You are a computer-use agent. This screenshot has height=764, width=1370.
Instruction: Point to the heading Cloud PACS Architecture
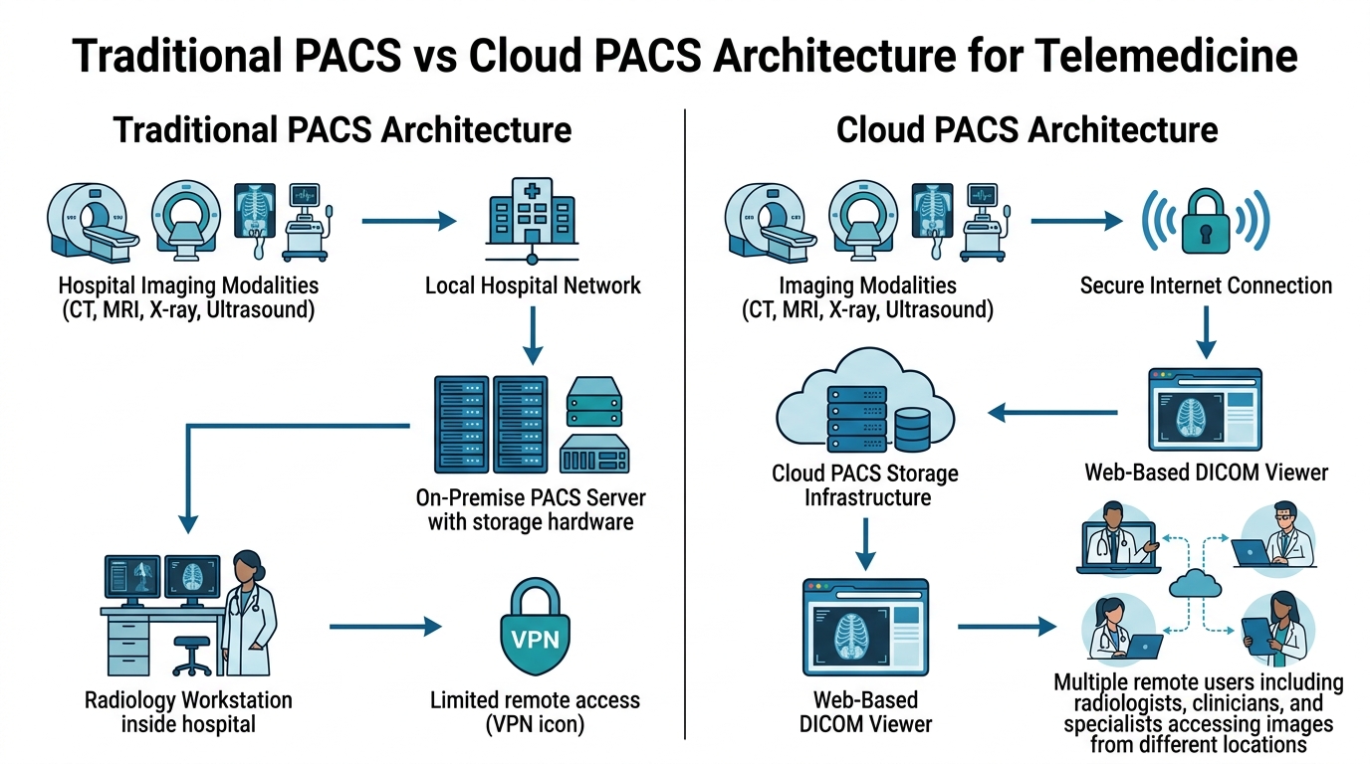(x=1027, y=130)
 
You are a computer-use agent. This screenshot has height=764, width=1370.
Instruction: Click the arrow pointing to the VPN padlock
(x=385, y=627)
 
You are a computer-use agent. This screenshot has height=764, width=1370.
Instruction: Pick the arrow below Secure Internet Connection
(x=1205, y=333)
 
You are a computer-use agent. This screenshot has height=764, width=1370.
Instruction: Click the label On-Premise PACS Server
(x=531, y=496)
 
